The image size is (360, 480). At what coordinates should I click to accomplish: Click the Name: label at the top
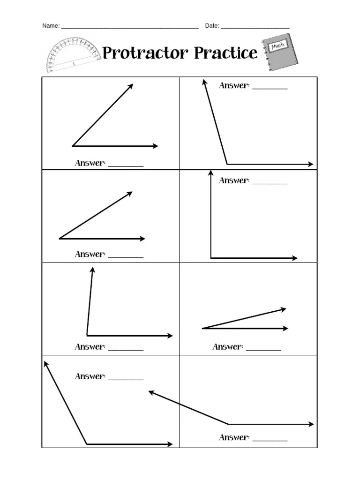[51, 26]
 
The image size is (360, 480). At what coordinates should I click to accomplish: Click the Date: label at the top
[212, 26]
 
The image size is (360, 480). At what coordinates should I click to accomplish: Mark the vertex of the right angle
[211, 258]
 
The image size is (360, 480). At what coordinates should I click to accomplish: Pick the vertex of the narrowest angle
[202, 329]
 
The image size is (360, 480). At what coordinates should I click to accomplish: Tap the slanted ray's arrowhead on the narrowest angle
[283, 309]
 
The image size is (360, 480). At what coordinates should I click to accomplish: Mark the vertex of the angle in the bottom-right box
[228, 424]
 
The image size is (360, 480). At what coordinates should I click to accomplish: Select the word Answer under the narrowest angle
[227, 347]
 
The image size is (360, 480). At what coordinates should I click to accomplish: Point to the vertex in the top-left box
[73, 146]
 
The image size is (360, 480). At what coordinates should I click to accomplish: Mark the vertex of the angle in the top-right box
[227, 164]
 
